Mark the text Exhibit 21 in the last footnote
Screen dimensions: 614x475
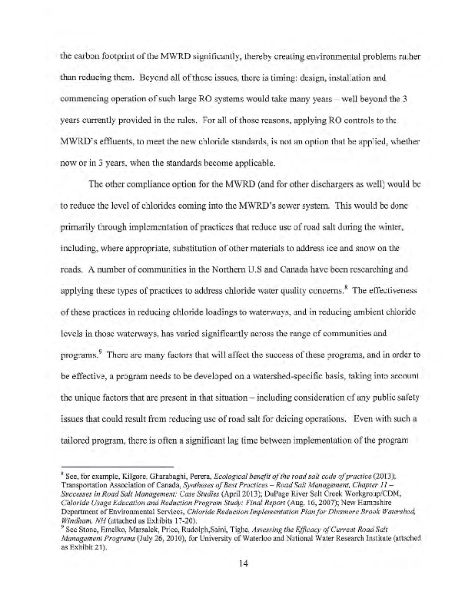coord(84,542)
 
